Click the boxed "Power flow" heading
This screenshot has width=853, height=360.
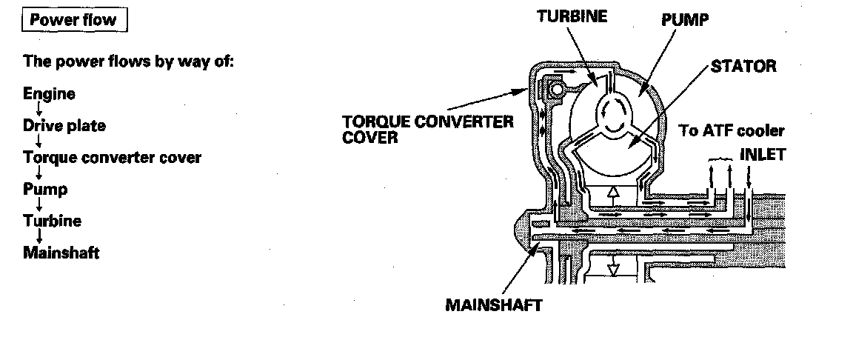tap(73, 20)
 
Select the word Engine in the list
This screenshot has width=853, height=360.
tap(49, 94)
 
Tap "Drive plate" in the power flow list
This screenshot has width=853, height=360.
tap(64, 126)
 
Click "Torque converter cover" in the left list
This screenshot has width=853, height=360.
tap(112, 158)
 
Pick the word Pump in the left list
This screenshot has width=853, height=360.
tap(45, 189)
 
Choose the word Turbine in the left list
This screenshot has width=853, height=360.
tap(52, 221)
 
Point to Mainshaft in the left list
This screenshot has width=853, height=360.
tap(61, 253)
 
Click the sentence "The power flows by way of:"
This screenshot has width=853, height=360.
tap(128, 61)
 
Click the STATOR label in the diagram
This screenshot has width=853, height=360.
tap(743, 66)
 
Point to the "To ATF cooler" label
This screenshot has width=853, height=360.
tap(732, 131)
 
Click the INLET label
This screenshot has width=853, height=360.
tap(761, 156)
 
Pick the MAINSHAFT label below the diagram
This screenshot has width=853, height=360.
tap(493, 305)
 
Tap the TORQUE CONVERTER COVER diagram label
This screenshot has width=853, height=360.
tap(427, 130)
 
